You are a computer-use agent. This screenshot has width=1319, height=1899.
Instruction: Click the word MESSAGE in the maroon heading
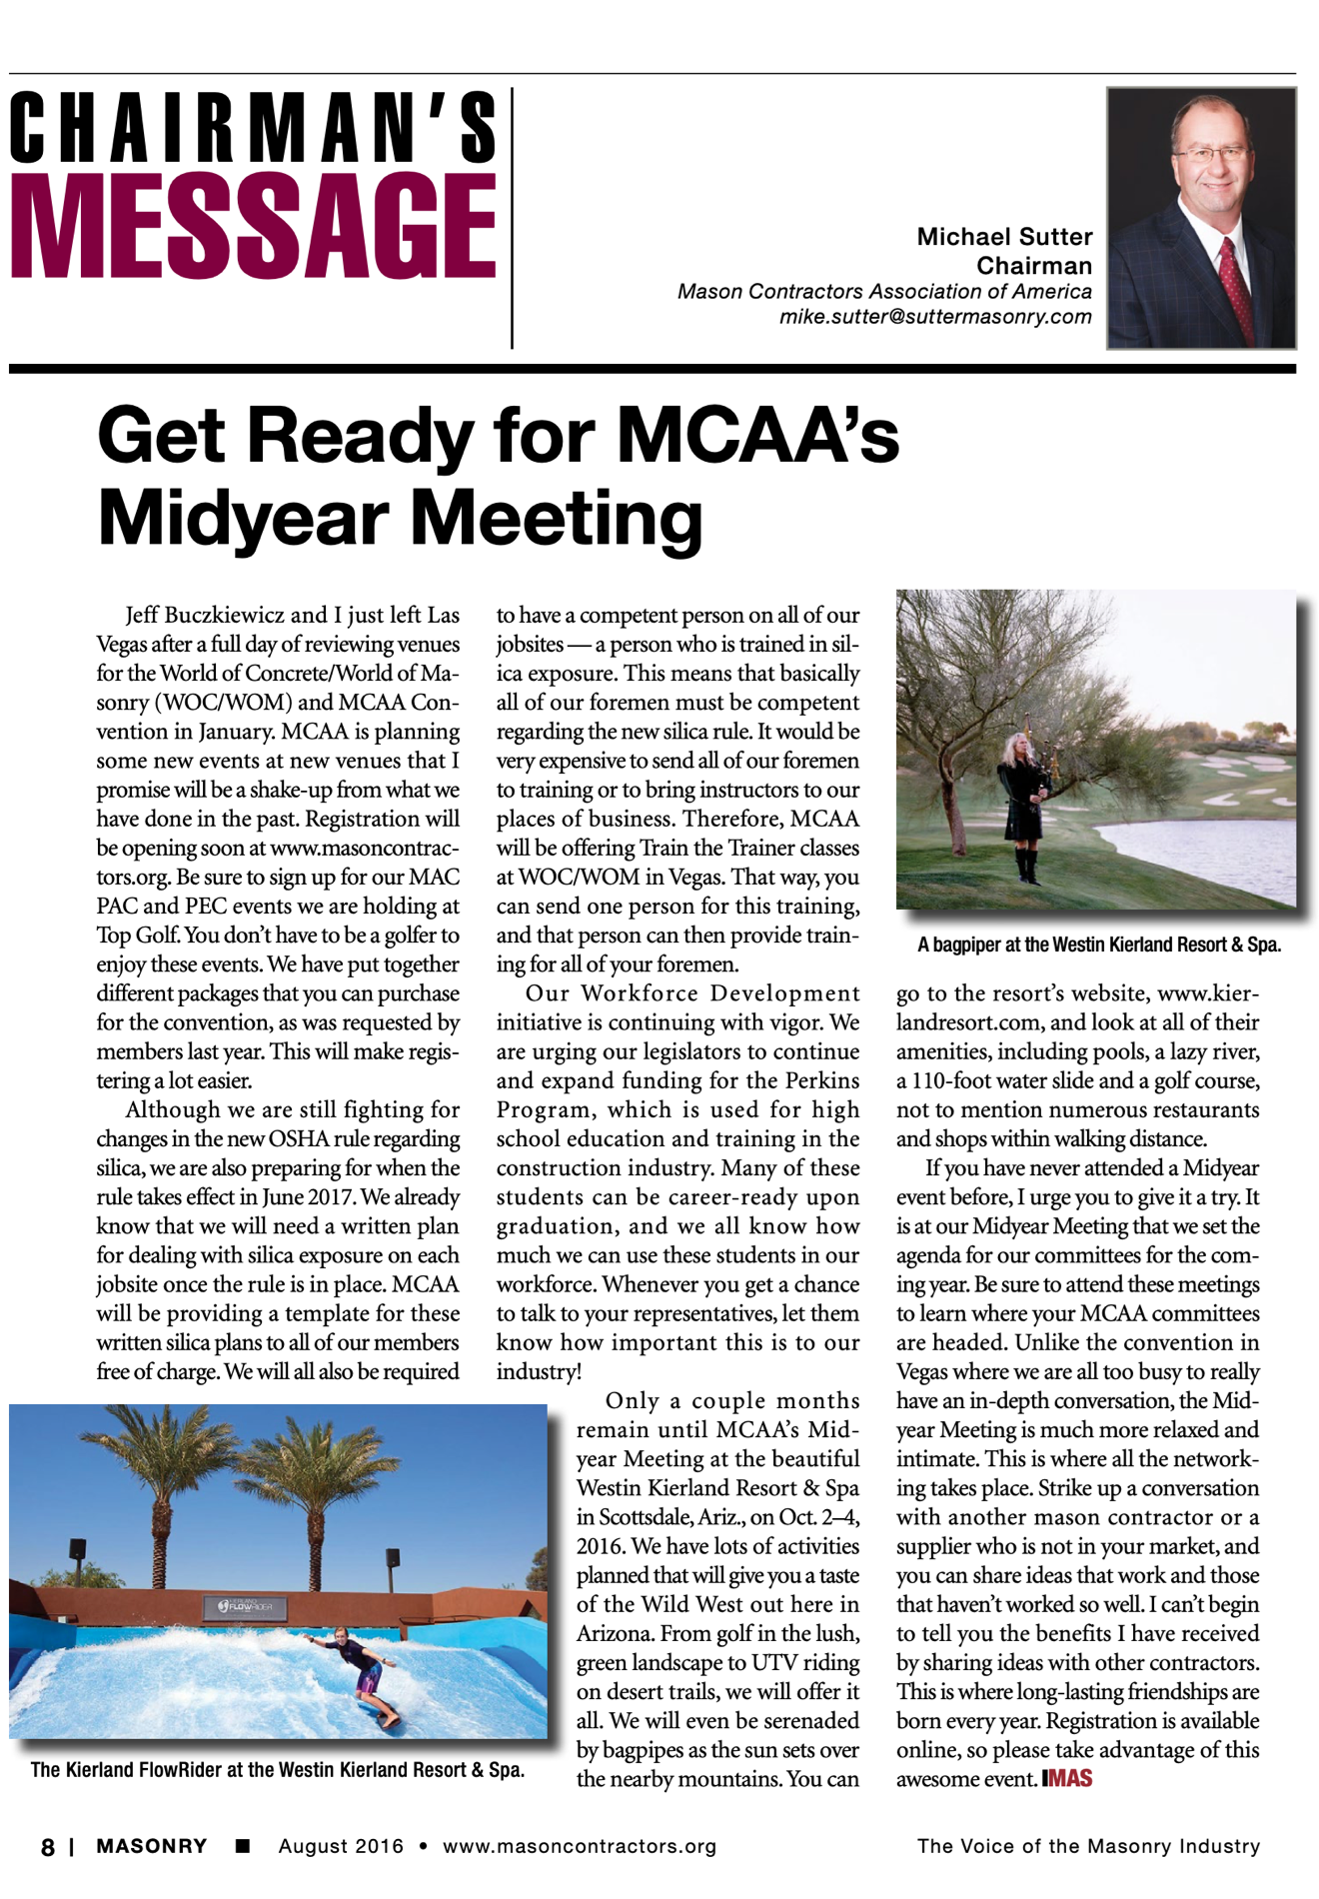pos(253,227)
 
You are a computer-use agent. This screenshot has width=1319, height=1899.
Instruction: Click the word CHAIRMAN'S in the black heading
pos(253,127)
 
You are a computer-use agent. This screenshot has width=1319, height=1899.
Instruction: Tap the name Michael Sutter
pos(1004,237)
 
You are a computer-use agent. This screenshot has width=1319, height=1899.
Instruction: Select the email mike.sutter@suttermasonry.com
pos(935,317)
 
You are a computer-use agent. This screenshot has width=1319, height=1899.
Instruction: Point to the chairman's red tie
pos(1235,289)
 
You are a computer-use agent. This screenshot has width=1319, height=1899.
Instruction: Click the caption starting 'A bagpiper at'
pos(1098,945)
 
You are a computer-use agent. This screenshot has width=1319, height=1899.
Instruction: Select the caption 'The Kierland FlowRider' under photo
pos(277,1770)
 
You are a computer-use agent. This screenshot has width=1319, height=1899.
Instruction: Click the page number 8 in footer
pos(48,1847)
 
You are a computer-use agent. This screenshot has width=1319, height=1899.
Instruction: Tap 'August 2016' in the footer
pos(341,1846)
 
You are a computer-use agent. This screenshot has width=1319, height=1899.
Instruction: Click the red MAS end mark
pos(1067,1779)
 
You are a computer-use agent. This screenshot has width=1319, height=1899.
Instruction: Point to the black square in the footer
pos(242,1846)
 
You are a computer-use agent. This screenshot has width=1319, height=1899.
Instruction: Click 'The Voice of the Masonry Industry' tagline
pos(1088,1846)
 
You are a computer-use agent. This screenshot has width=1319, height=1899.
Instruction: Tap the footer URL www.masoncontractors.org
pos(580,1846)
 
